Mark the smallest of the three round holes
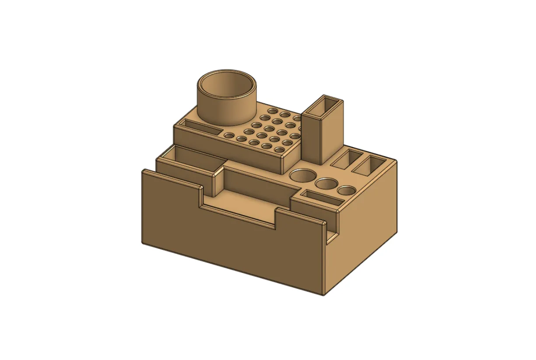click(x=347, y=191)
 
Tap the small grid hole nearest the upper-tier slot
click(x=228, y=135)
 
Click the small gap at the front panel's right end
click(x=332, y=236)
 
